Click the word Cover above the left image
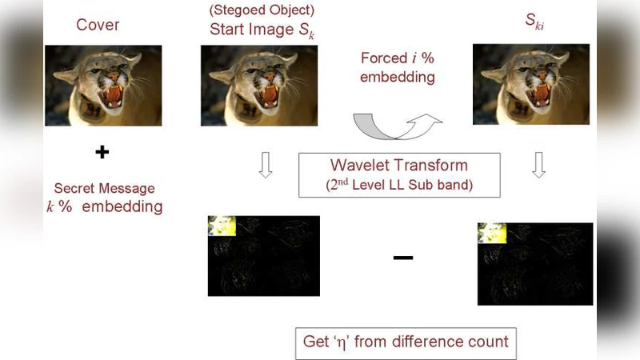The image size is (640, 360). coord(98,25)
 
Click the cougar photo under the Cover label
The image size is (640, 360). coord(103,86)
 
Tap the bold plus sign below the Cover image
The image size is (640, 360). coord(102,152)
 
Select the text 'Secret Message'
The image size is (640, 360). coord(105,189)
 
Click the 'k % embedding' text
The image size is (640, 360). coord(105,207)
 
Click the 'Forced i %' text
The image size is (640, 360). coord(397,58)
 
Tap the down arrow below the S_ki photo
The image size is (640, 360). coord(538,164)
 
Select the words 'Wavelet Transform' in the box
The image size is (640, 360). coord(398,166)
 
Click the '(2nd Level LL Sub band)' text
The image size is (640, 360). coord(398,186)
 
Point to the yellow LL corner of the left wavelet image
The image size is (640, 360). coord(222,226)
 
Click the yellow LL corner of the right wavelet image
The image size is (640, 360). coord(492,233)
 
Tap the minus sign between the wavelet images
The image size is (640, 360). coord(403,258)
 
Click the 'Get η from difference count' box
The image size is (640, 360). coord(406,342)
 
